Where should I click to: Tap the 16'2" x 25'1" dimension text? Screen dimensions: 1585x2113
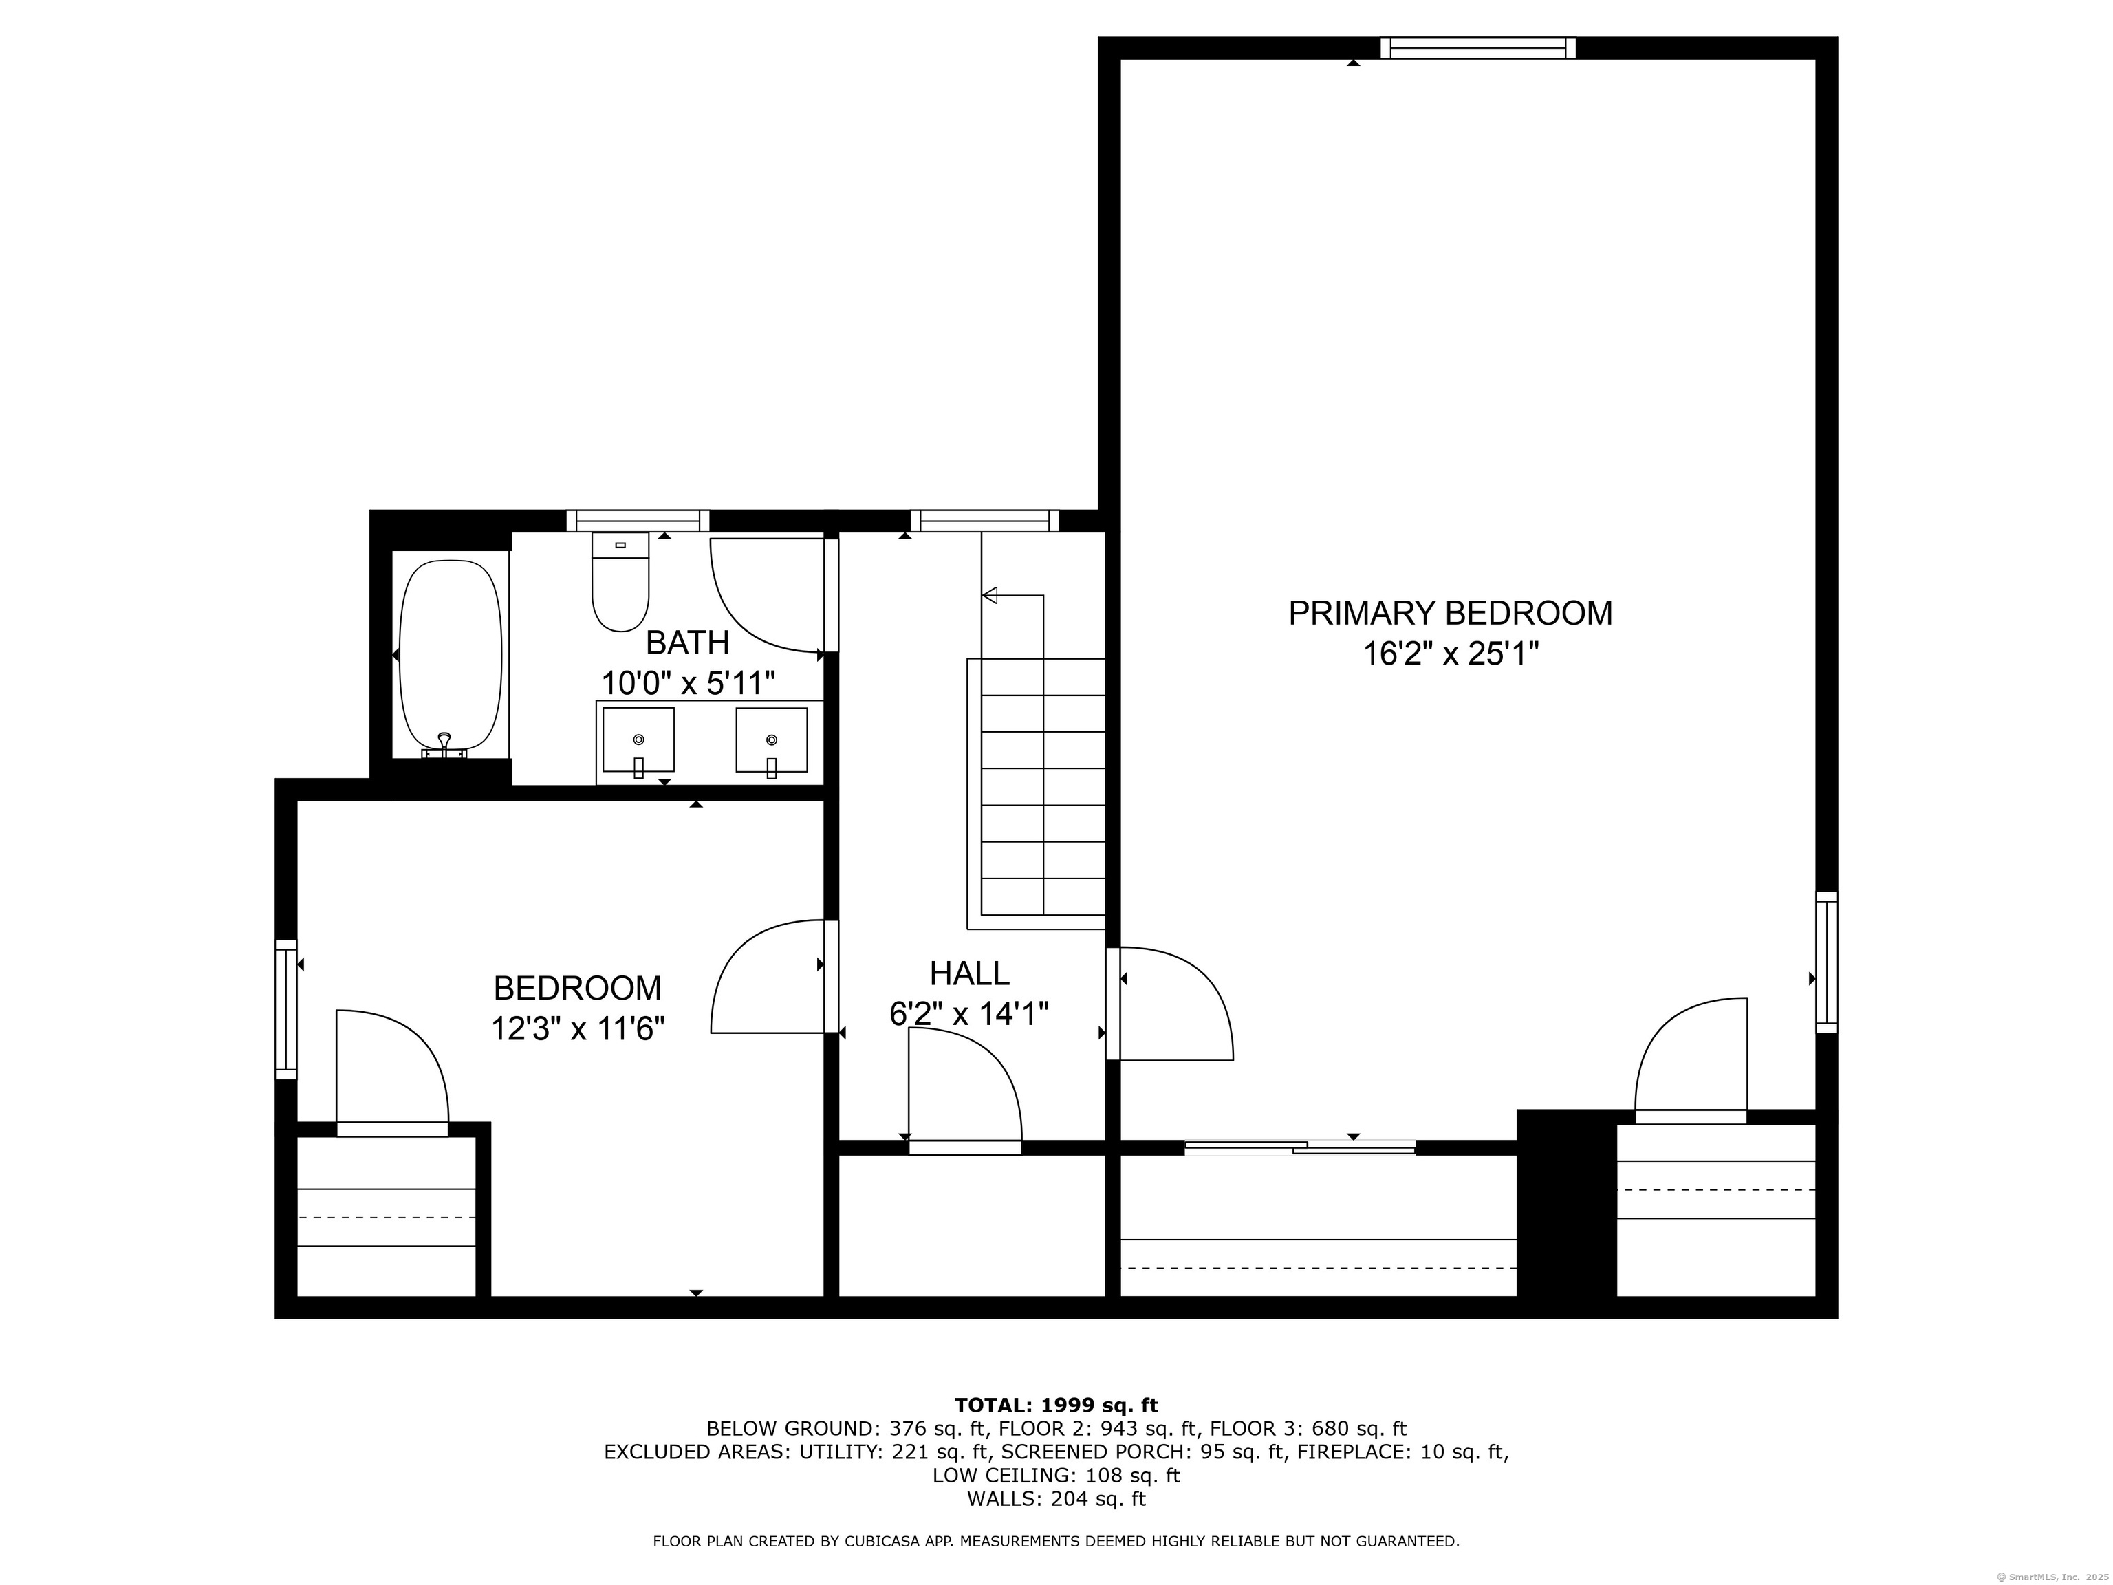point(1449,654)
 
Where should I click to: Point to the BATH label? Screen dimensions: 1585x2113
point(687,643)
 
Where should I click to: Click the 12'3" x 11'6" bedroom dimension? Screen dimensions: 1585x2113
point(577,1029)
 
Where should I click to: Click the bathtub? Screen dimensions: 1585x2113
point(450,656)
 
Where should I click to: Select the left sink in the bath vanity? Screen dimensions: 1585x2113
point(638,740)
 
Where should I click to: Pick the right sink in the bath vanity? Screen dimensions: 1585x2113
point(771,740)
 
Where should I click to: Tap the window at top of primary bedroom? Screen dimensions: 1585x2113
point(1477,47)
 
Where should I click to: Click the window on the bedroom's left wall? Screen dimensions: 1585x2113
point(285,1009)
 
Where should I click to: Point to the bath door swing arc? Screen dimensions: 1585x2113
point(764,594)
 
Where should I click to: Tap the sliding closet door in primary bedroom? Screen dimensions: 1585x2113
point(1299,1147)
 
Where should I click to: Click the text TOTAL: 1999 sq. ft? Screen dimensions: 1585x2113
point(1056,1405)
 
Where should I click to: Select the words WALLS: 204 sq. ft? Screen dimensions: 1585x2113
point(1056,1499)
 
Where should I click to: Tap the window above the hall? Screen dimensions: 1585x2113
point(984,521)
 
